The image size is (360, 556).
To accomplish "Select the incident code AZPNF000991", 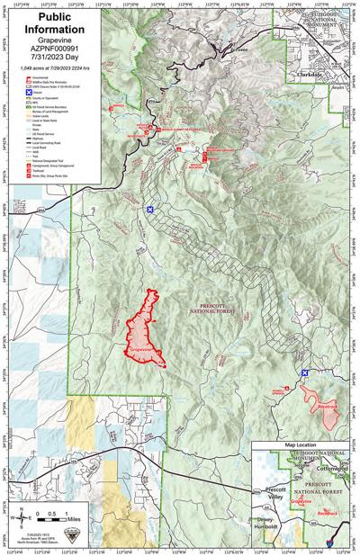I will pos(46,42).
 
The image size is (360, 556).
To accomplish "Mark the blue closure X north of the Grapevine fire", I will pos(150,210).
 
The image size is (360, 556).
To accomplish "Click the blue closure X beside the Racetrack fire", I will pos(305,372).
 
